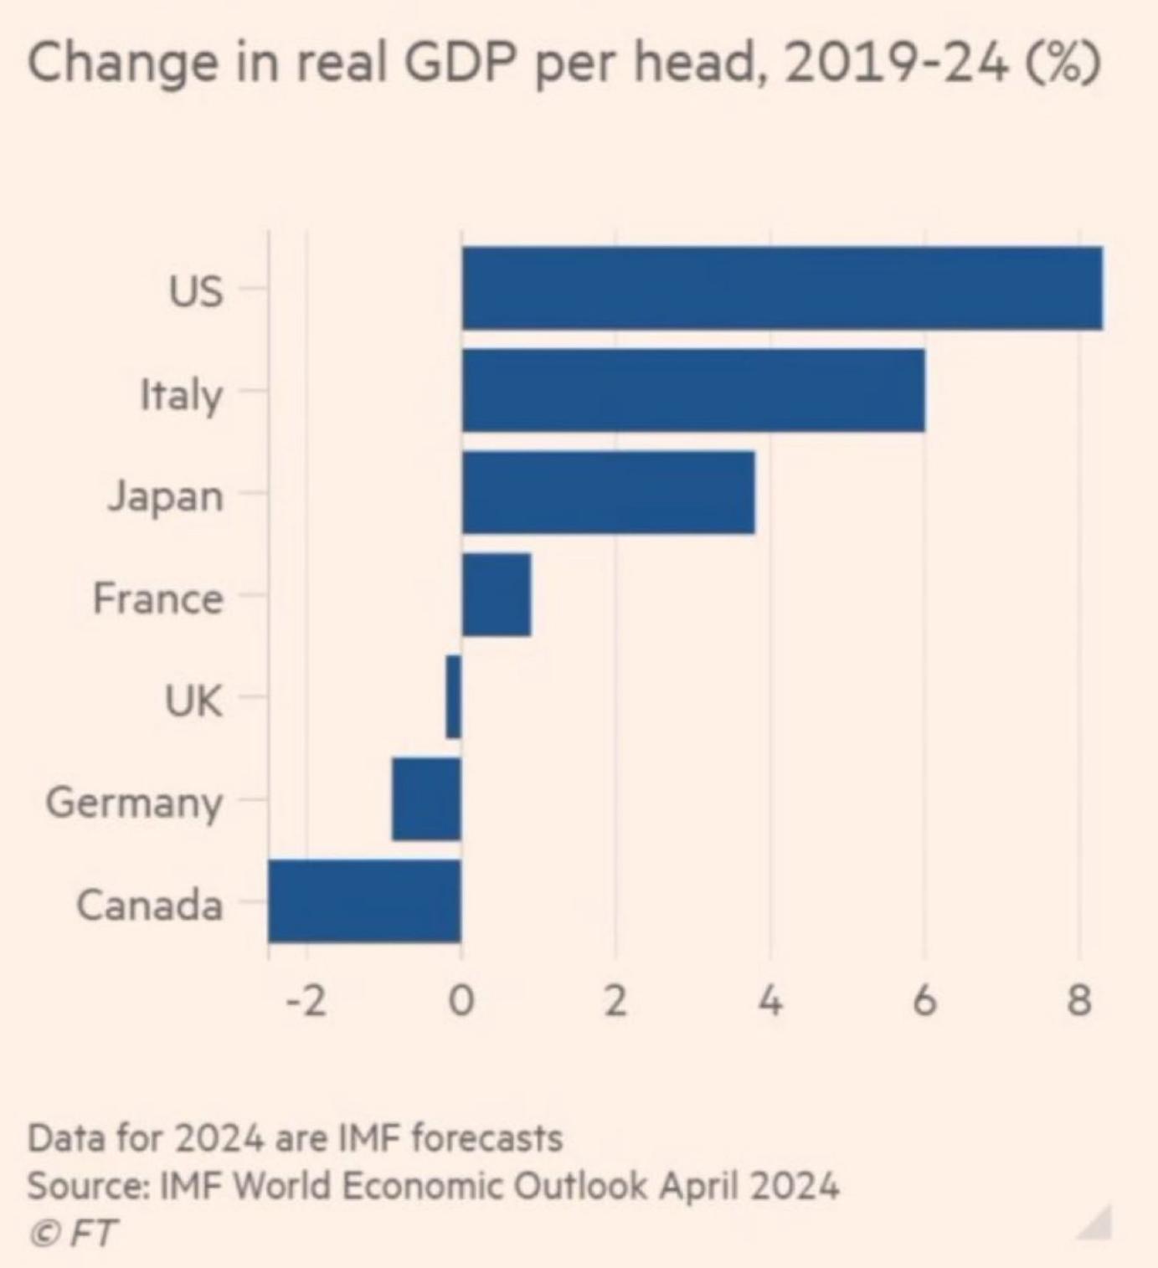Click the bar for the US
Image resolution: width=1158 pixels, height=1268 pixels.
782,288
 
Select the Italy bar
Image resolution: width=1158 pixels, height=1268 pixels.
693,390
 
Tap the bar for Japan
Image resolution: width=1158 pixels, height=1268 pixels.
608,492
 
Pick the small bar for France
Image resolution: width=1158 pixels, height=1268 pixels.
497,594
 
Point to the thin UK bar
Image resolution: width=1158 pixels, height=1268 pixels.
453,696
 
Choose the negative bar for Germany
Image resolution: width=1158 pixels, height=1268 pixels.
426,798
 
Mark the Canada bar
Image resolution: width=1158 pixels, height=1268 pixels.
364,901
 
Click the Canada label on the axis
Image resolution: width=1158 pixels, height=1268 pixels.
150,905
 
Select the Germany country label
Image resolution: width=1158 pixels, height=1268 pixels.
134,803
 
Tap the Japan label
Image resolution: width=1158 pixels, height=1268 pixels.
165,496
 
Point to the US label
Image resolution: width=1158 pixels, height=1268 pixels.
196,291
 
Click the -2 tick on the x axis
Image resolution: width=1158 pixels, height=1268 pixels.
306,1001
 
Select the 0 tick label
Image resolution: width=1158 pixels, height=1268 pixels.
461,1001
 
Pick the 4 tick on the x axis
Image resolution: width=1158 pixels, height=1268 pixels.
769,1001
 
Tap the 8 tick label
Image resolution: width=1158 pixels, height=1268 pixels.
1079,1001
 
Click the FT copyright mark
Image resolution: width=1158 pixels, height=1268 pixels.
73,1233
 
